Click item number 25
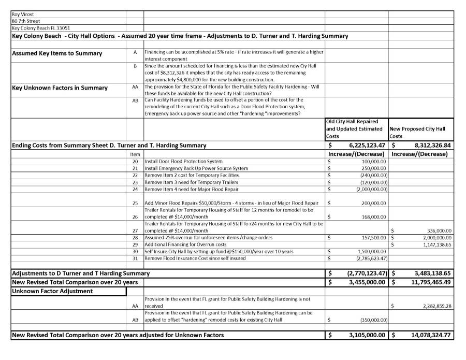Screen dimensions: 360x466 pyautogui.click(x=135, y=203)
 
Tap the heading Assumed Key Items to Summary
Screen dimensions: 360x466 pyautogui.click(x=57, y=53)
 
